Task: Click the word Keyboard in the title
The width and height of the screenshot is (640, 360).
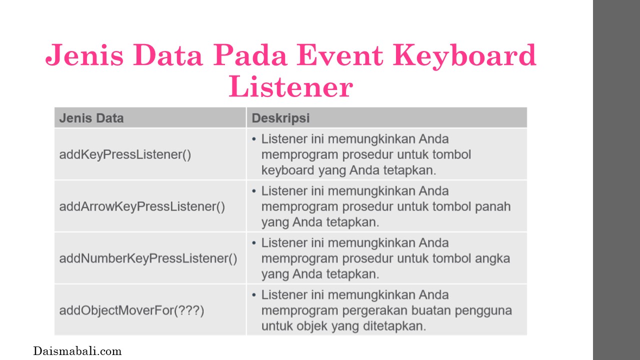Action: click(464, 55)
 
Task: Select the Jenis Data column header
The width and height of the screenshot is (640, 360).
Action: click(91, 118)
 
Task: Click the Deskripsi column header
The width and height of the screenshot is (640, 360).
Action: click(280, 118)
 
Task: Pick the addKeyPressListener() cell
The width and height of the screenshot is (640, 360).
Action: click(125, 154)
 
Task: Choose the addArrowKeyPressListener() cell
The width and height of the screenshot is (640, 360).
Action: click(142, 206)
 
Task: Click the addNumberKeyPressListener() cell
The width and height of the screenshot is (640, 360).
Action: click(148, 258)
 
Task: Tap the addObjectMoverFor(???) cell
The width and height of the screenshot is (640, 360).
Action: click(131, 310)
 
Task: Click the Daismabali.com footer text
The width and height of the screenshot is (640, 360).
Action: click(77, 351)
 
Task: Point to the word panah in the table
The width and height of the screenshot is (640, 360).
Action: click(493, 206)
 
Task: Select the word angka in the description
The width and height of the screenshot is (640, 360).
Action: click(492, 259)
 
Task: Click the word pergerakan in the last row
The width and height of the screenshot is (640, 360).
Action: click(380, 311)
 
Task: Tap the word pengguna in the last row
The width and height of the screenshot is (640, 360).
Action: click(483, 311)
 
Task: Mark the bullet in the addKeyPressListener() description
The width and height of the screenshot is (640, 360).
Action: click(254, 139)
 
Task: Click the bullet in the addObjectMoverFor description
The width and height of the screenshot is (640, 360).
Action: click(254, 295)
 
